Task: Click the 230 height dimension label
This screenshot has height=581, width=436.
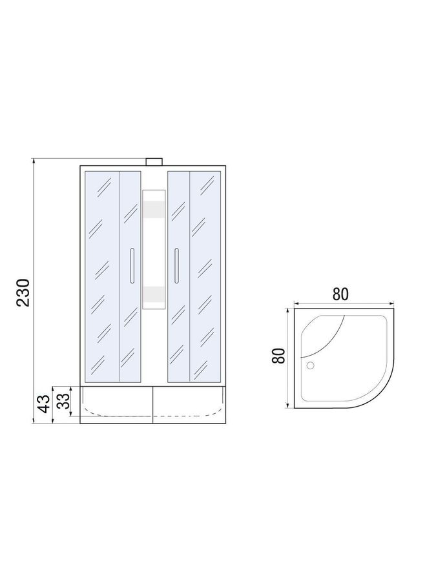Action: (x=23, y=292)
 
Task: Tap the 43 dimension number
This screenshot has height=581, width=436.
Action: (x=44, y=403)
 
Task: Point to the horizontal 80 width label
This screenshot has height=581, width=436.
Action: (x=340, y=294)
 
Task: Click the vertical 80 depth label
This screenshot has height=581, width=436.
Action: (x=279, y=356)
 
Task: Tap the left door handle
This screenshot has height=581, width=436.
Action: (x=132, y=266)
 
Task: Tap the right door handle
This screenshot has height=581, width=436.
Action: (x=177, y=266)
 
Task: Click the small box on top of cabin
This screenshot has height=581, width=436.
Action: (x=154, y=162)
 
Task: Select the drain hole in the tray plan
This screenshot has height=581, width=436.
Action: (x=310, y=366)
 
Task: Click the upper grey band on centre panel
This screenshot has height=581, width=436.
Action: (x=154, y=209)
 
